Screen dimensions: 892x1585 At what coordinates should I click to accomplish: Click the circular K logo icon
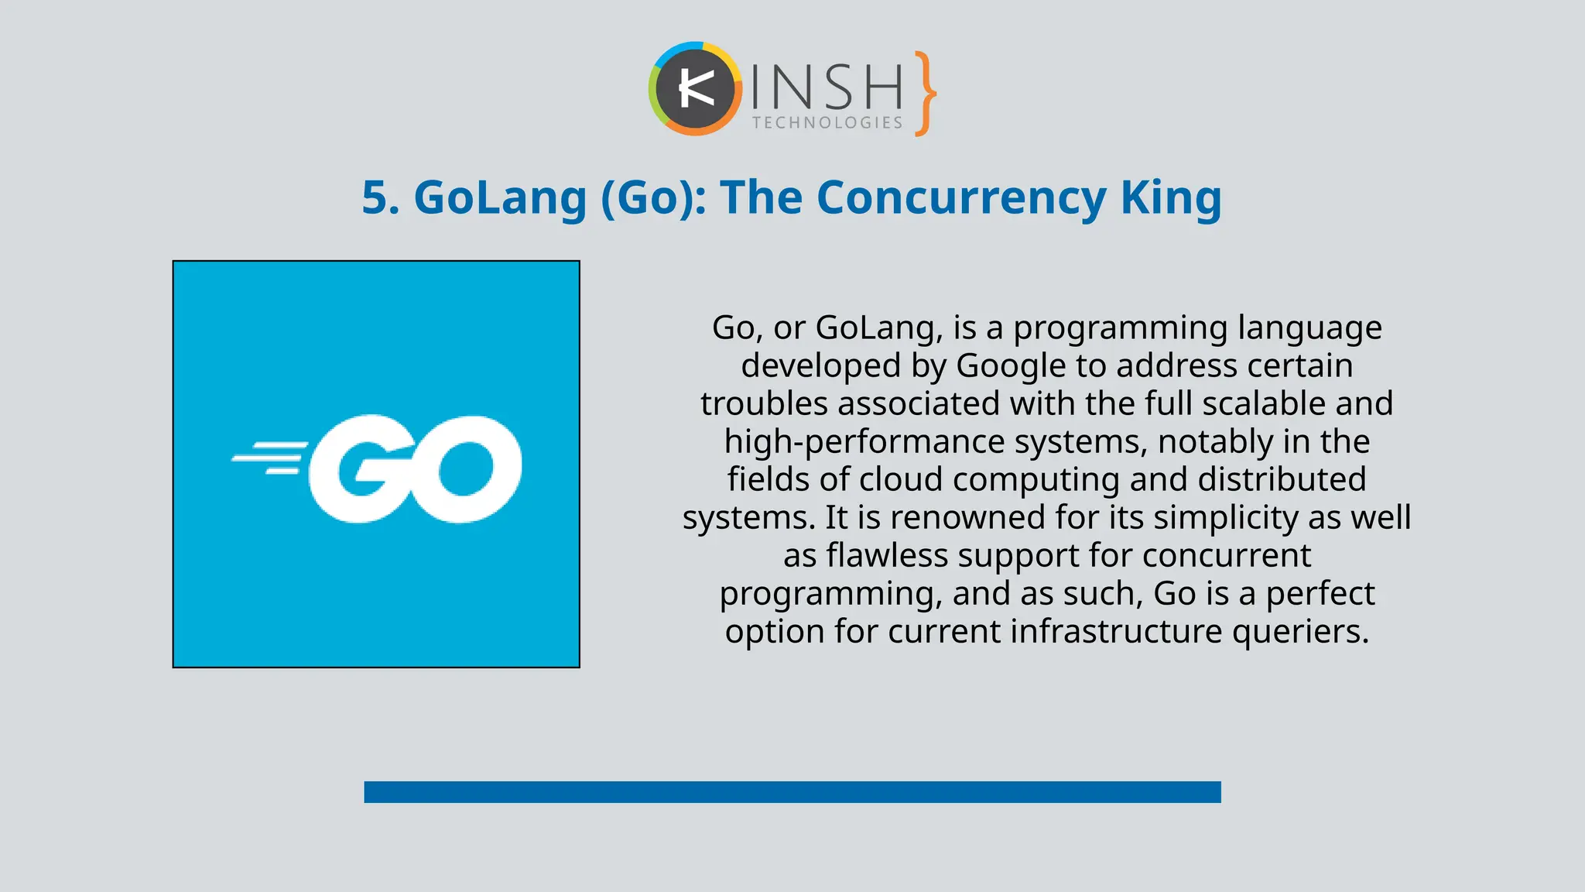695,89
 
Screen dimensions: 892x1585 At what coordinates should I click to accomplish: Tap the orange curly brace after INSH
924,94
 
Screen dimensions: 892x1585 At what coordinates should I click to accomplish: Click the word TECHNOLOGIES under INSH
827,123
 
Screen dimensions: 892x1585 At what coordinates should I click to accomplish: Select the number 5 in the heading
376,197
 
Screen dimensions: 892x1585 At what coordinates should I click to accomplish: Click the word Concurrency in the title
961,197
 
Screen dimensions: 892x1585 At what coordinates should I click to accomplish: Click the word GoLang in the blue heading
500,197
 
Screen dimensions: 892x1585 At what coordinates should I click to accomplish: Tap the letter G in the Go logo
359,468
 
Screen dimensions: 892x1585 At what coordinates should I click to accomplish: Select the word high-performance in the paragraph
864,441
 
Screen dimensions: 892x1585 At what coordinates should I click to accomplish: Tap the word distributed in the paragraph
1282,479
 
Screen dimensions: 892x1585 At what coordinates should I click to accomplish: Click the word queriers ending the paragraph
1299,631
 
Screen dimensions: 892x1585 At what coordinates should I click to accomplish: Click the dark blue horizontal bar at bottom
792,791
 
